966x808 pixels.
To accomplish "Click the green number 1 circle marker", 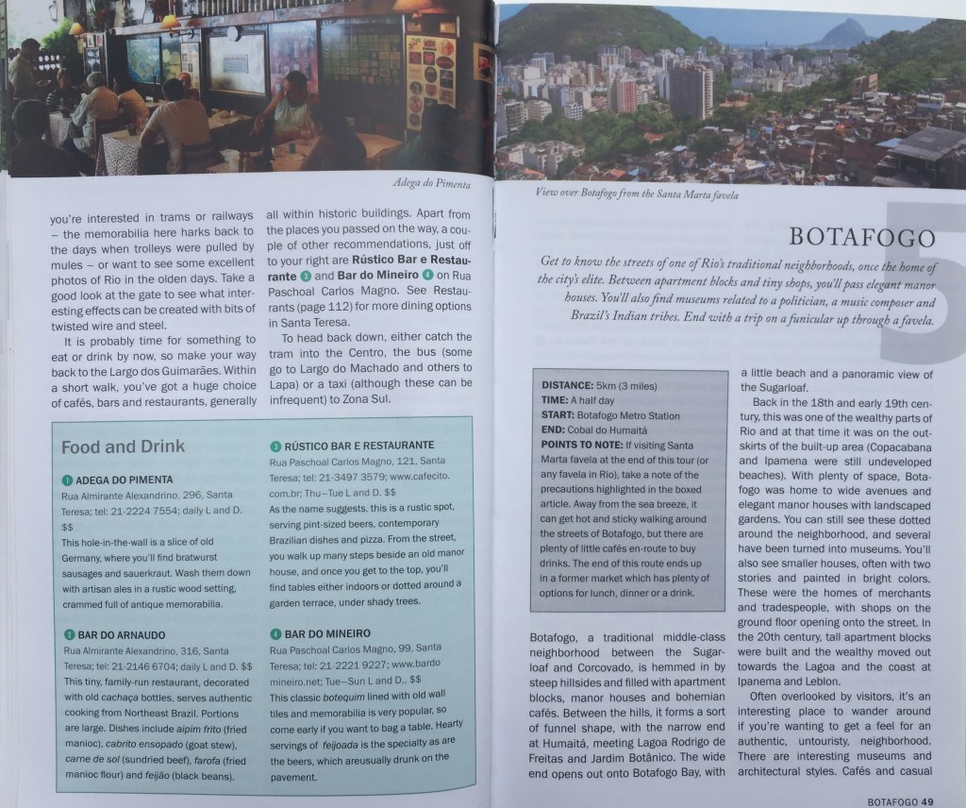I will point(67,480).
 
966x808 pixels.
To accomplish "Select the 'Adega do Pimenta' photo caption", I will point(429,186).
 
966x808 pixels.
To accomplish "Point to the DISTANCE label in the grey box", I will point(568,386).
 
